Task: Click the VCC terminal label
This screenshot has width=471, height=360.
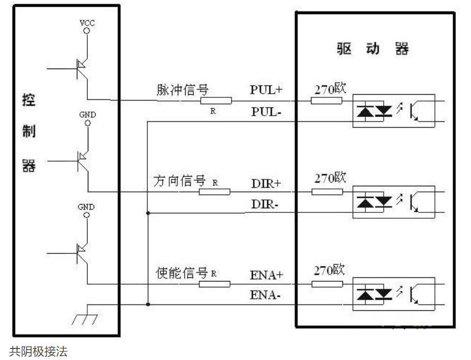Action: (87, 23)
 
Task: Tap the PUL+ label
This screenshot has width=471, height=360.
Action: (266, 89)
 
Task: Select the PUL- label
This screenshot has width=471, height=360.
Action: (266, 112)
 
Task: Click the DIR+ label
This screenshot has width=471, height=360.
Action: (266, 184)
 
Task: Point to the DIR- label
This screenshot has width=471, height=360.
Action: (265, 205)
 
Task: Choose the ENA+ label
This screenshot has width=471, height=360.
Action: (267, 275)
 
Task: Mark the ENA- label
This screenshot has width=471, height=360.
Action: (265, 295)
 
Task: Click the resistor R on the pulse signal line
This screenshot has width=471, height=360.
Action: (216, 100)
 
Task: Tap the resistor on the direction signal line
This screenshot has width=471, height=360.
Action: (214, 192)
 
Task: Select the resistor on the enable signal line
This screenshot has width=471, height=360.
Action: (214, 284)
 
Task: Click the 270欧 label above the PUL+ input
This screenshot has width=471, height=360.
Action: (330, 88)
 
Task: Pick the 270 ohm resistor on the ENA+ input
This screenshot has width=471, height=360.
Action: (327, 284)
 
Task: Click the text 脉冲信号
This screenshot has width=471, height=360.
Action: (182, 89)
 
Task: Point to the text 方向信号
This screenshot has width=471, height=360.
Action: (179, 181)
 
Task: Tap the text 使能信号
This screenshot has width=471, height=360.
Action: (182, 273)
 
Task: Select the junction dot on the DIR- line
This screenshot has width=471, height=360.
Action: (148, 213)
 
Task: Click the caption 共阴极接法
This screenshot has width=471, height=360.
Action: (39, 351)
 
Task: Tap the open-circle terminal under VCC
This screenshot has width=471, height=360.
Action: (87, 31)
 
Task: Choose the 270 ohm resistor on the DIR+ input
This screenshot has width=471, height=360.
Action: (327, 192)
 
